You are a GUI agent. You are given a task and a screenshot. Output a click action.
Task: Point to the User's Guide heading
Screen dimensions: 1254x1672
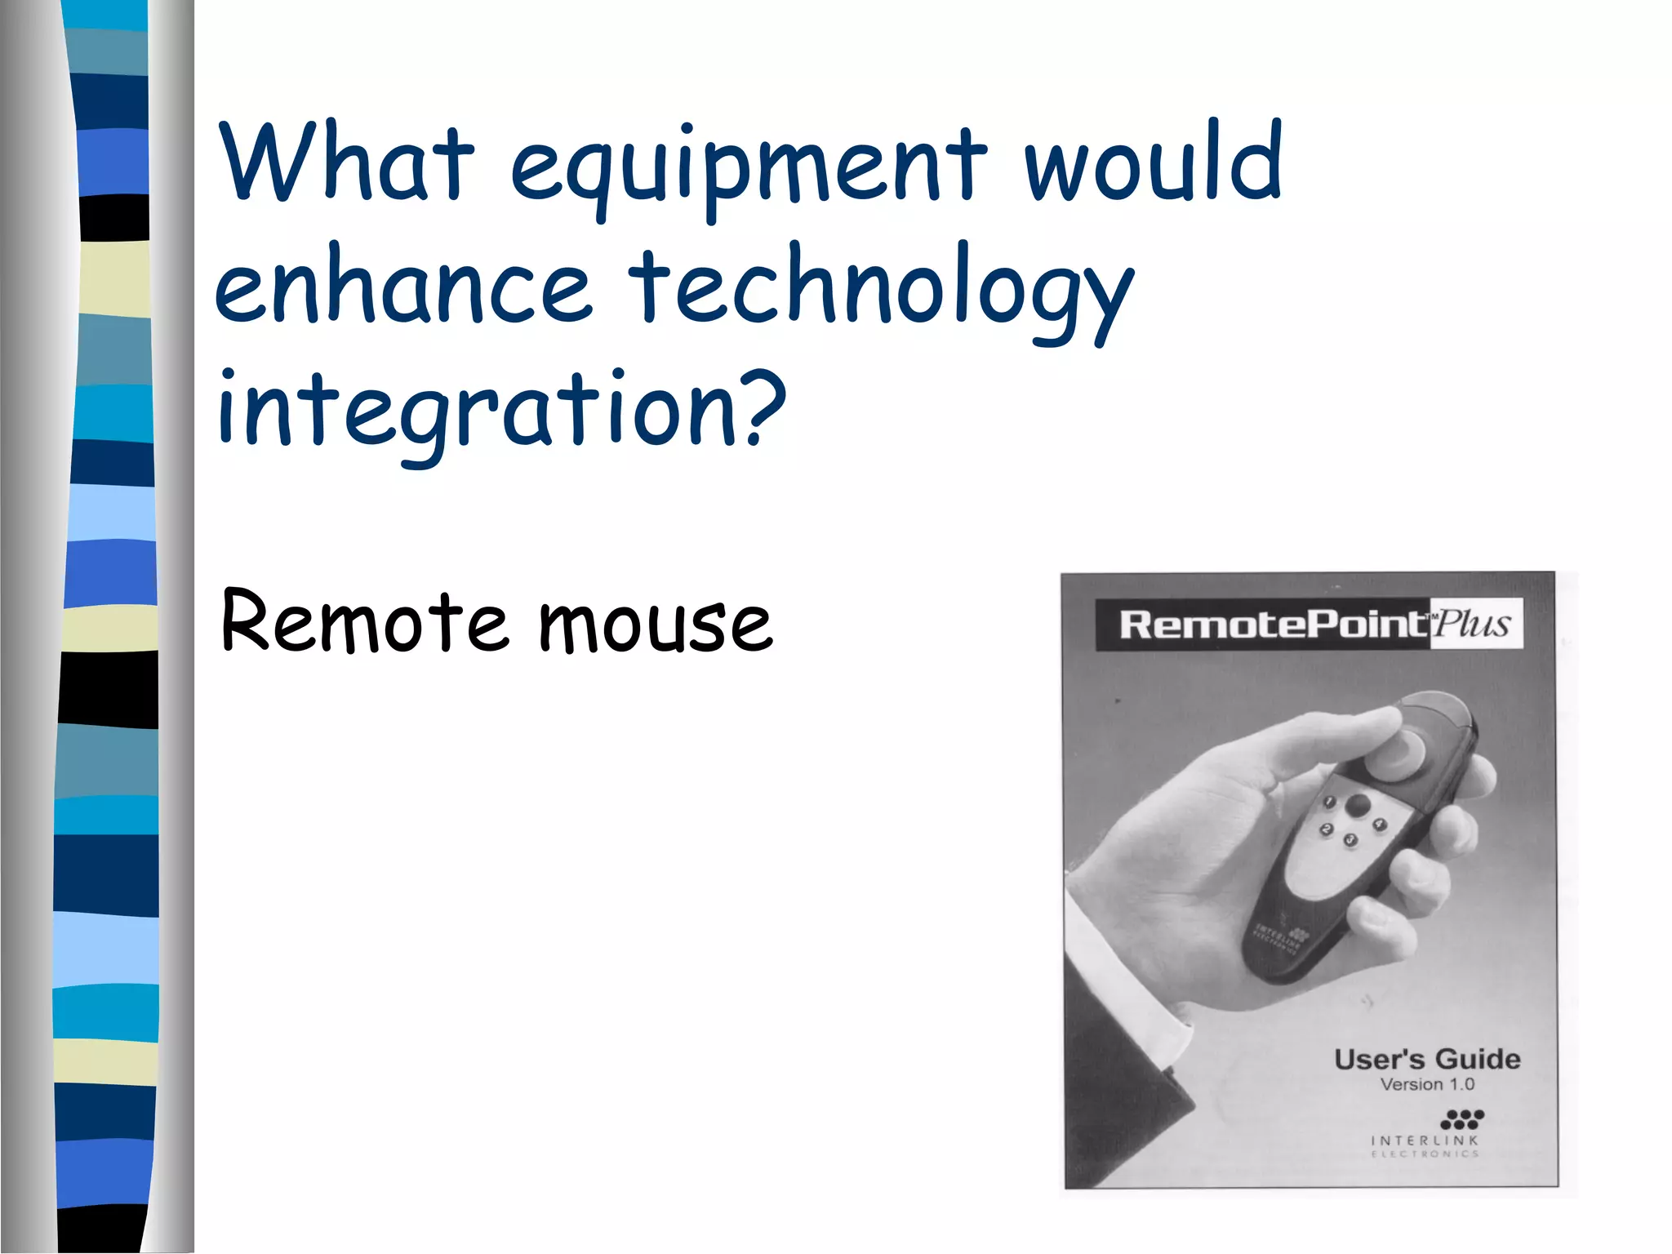click(x=1427, y=1059)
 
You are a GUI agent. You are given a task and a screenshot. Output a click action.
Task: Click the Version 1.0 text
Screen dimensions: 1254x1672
click(x=1427, y=1084)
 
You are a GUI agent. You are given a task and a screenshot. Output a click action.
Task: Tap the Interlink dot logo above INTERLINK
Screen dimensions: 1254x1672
click(x=1463, y=1118)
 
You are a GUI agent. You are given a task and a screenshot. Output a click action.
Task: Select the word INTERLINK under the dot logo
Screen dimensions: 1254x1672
click(x=1425, y=1140)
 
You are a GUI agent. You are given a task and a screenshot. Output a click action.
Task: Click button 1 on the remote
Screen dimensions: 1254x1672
click(x=1330, y=803)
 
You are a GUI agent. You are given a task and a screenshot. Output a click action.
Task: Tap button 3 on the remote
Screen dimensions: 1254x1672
click(x=1350, y=839)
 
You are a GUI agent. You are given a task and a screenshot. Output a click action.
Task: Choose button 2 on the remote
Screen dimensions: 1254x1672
click(x=1327, y=829)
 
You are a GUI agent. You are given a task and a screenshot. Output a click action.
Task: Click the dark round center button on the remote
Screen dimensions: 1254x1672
click(x=1358, y=805)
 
